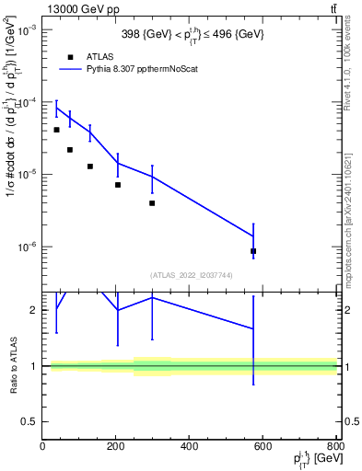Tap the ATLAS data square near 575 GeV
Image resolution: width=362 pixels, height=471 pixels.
[x=253, y=251]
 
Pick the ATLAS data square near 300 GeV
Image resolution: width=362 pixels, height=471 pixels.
[x=152, y=203]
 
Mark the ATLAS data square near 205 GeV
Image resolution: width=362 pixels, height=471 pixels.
[x=118, y=185]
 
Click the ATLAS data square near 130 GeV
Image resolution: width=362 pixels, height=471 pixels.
[x=90, y=167]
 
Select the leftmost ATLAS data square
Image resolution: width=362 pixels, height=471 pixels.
[x=56, y=130]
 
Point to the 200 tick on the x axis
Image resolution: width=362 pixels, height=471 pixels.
[x=116, y=446]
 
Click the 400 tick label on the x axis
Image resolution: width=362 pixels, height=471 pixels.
[x=189, y=446]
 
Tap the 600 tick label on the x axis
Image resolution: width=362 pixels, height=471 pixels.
[x=263, y=446]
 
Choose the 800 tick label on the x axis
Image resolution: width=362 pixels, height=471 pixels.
[x=335, y=446]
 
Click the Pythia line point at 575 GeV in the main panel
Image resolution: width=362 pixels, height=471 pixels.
[x=253, y=236]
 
